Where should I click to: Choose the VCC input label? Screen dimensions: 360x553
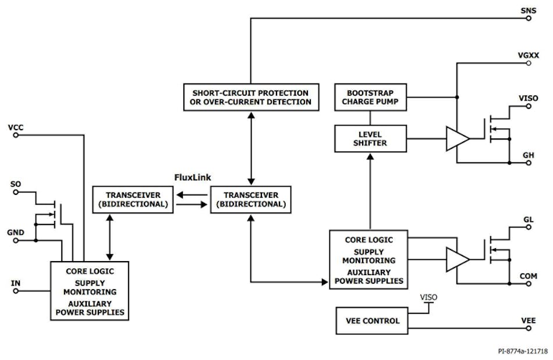(x=16, y=127)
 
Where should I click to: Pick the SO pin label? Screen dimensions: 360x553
(x=16, y=184)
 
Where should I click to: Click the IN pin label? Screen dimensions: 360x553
(x=16, y=283)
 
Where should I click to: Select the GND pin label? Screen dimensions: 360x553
(x=16, y=233)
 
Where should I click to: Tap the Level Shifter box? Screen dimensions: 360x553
(x=371, y=138)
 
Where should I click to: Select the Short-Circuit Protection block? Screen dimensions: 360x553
(x=250, y=97)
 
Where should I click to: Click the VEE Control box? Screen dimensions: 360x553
(x=373, y=321)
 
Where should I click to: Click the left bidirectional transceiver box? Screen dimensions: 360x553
(x=133, y=199)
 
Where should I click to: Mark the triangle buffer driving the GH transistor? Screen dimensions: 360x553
(x=457, y=139)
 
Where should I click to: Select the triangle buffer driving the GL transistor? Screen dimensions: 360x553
(x=457, y=259)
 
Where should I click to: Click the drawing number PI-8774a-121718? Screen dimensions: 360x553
(x=523, y=351)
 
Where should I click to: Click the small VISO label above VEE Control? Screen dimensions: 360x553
(x=429, y=297)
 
